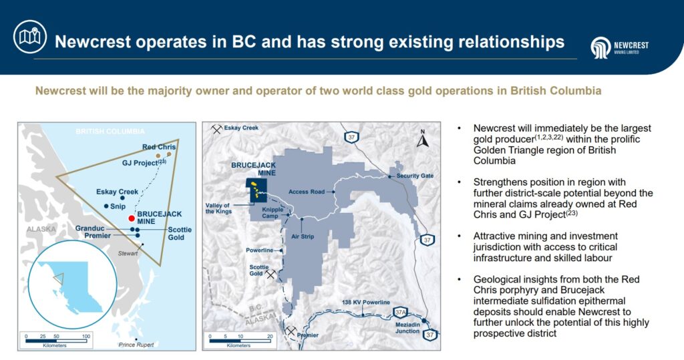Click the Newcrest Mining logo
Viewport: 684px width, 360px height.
pyautogui.click(x=619, y=47)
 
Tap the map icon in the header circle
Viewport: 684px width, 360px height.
pyautogui.click(x=29, y=37)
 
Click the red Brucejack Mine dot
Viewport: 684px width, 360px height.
pyautogui.click(x=132, y=218)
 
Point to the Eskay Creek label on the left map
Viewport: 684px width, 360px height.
pyautogui.click(x=117, y=192)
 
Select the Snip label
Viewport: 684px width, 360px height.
pyautogui.click(x=118, y=206)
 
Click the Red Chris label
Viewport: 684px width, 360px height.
pyautogui.click(x=159, y=147)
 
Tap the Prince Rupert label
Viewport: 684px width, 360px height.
pyautogui.click(x=136, y=345)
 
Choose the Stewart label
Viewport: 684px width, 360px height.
pyautogui.click(x=128, y=253)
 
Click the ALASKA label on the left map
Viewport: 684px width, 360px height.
pyautogui.click(x=41, y=229)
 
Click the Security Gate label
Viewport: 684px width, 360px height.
pyautogui.click(x=415, y=176)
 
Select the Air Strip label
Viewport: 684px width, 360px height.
pyautogui.click(x=303, y=236)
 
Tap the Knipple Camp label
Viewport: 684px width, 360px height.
pyautogui.click(x=273, y=212)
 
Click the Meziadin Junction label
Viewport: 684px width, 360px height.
pyautogui.click(x=407, y=328)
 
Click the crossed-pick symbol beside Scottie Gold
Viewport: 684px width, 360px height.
pyautogui.click(x=271, y=274)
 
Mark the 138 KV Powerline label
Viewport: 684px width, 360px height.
pyautogui.click(x=366, y=303)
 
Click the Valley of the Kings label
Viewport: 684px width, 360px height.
pyautogui.click(x=218, y=208)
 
